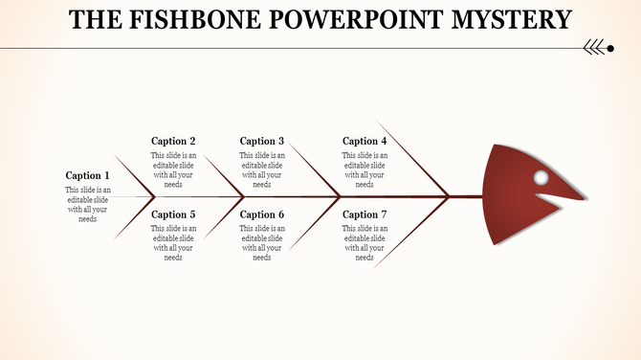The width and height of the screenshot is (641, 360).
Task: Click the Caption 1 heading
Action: [88, 175]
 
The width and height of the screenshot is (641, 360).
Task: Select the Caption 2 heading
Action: [174, 141]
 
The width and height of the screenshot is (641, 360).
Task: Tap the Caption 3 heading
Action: [262, 141]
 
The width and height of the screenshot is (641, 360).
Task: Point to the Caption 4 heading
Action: [365, 141]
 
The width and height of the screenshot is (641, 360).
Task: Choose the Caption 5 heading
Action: [174, 214]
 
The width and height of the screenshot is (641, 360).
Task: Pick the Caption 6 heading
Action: [262, 214]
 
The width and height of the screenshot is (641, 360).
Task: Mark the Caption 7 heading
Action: [365, 214]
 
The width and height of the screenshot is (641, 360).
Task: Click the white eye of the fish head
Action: [541, 178]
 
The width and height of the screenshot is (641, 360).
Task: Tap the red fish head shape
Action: [521, 206]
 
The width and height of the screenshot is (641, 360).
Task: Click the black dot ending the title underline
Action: [610, 47]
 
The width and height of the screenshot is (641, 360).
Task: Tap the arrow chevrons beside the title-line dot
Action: [593, 47]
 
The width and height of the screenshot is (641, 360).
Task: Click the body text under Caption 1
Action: [88, 204]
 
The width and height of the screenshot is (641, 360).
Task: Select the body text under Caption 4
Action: [365, 169]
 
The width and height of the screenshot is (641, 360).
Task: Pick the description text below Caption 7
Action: [365, 242]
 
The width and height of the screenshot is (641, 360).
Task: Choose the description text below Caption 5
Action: [174, 242]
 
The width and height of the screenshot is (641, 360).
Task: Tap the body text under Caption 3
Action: [262, 169]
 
